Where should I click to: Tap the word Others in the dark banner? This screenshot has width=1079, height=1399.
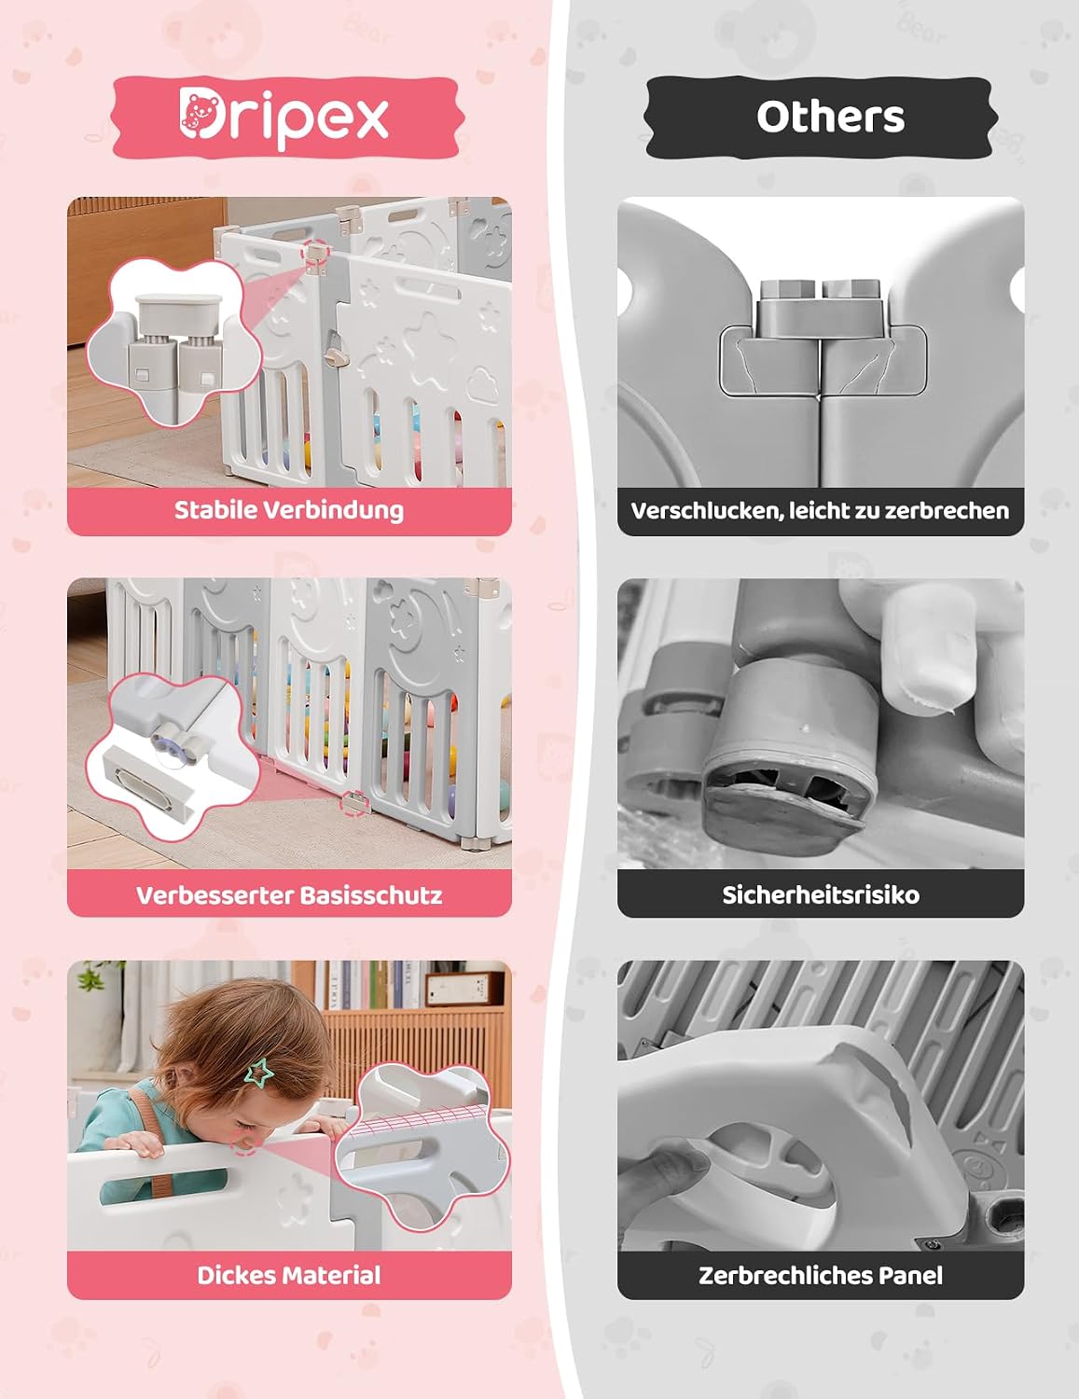831,117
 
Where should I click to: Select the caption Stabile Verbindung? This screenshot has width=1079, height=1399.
289,510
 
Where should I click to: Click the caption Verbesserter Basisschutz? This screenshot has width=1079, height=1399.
289,895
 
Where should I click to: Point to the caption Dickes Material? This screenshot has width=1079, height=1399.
289,1275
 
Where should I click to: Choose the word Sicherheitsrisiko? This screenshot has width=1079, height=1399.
821,895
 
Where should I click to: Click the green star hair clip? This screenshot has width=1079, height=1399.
260,1073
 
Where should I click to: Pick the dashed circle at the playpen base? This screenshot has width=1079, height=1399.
353,803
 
